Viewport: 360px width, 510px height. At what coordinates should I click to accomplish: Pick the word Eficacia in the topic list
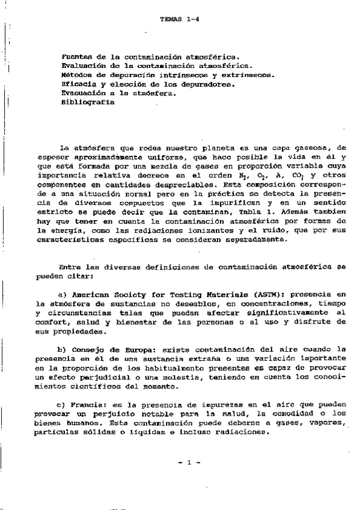click(79, 85)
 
